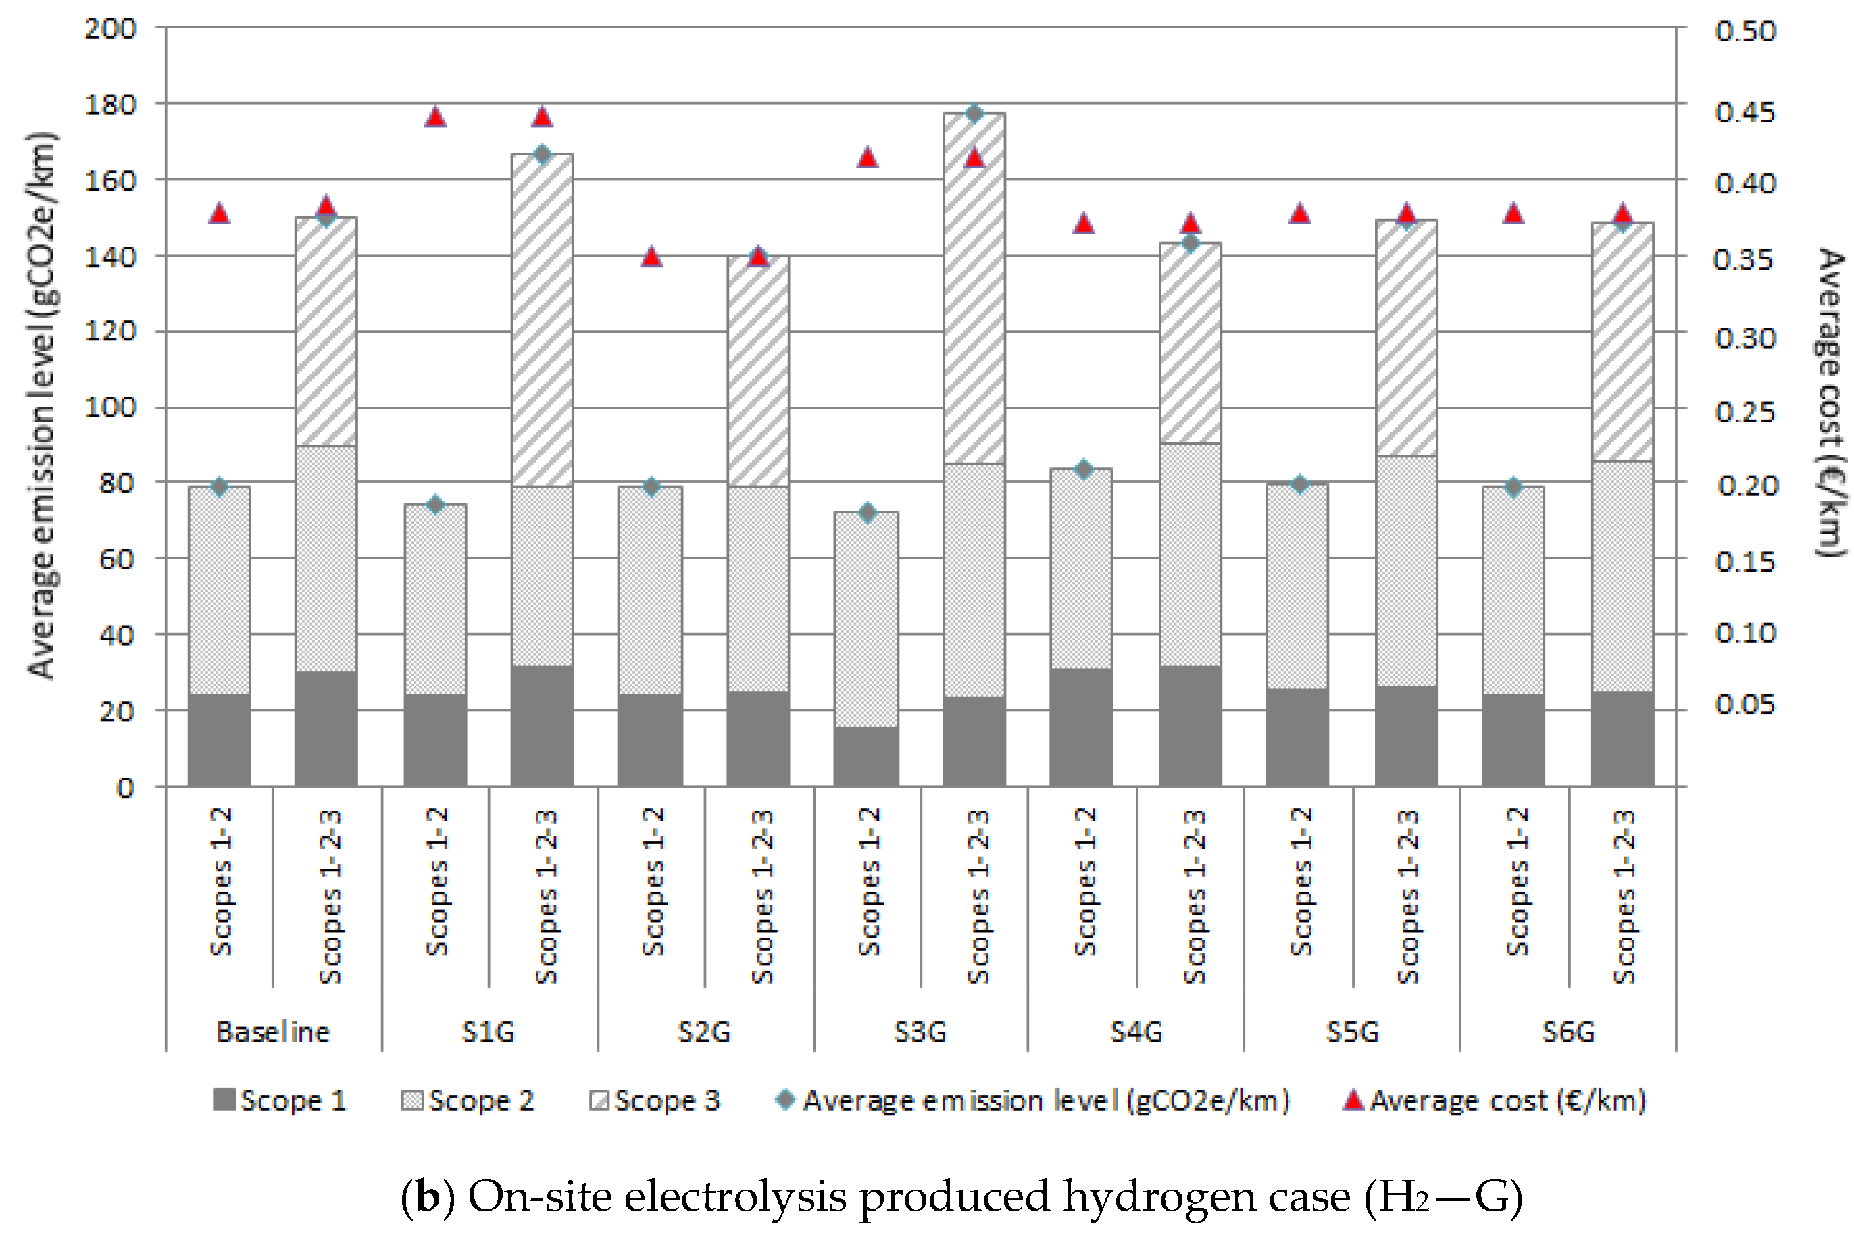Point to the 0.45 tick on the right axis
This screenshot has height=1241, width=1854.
pos(1745,112)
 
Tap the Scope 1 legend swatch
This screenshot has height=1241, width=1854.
pos(224,1100)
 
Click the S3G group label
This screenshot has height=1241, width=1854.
pos(920,1032)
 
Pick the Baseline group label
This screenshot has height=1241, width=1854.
pos(272,1032)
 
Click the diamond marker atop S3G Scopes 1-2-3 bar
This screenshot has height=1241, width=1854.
pos(974,113)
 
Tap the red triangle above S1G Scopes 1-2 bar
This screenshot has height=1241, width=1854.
pos(435,117)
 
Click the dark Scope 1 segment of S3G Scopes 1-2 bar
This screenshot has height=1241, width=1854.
pos(866,757)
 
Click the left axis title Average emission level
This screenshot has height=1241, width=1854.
pos(41,405)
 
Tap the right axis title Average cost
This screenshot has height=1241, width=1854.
pos(1830,403)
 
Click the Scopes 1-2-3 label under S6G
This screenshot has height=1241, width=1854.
pos(1624,896)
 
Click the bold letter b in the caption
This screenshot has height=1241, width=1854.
pos(428,1196)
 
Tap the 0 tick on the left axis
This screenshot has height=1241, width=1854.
pos(125,788)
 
